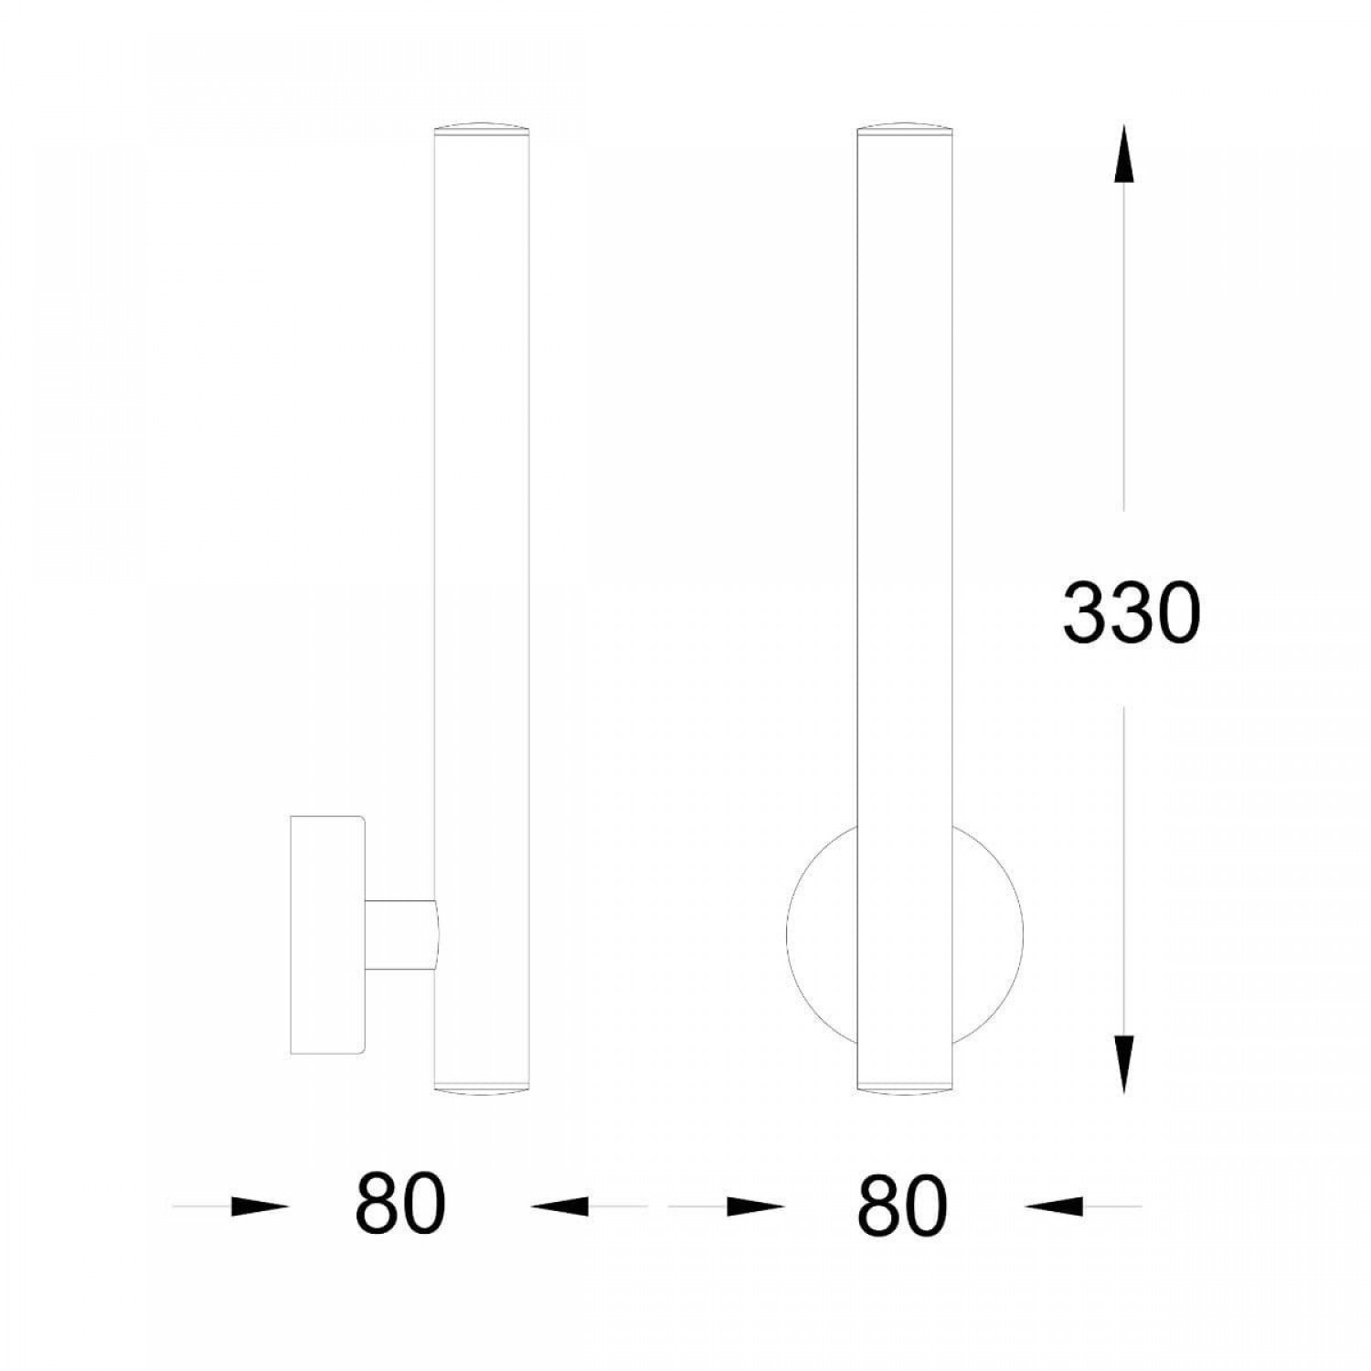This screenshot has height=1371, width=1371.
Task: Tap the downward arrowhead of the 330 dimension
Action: [x=1124, y=1063]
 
